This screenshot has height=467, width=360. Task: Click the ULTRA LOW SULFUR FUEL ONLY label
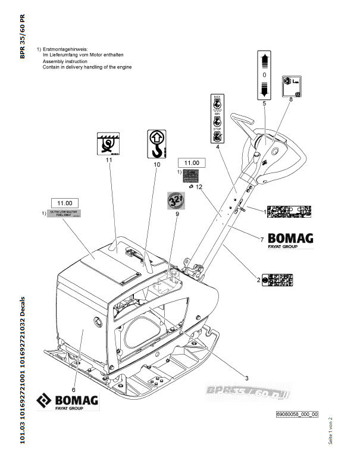(63, 214)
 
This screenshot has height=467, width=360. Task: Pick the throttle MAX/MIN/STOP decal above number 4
(218, 117)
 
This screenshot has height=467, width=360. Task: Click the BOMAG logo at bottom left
(67, 402)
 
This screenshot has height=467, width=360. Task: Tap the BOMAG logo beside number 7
(290, 240)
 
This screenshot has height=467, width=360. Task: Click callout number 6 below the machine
(74, 372)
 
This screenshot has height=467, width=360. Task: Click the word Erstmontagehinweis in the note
(65, 48)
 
